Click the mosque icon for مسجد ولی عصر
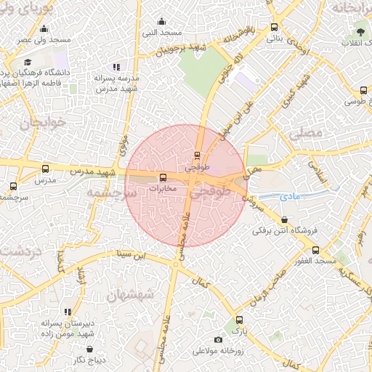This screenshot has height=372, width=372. (x=44, y=29)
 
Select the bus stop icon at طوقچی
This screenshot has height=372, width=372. (x=198, y=155)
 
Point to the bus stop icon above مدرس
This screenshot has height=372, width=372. (x=46, y=169)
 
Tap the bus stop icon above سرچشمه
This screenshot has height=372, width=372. (x=13, y=186)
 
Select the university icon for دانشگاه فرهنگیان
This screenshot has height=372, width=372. (x=28, y=62)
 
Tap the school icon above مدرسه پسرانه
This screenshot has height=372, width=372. (x=116, y=67)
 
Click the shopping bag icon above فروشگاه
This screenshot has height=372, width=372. (x=284, y=219)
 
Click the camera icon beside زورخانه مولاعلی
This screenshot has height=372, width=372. (x=218, y=340)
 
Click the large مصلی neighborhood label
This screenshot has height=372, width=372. (x=304, y=134)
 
